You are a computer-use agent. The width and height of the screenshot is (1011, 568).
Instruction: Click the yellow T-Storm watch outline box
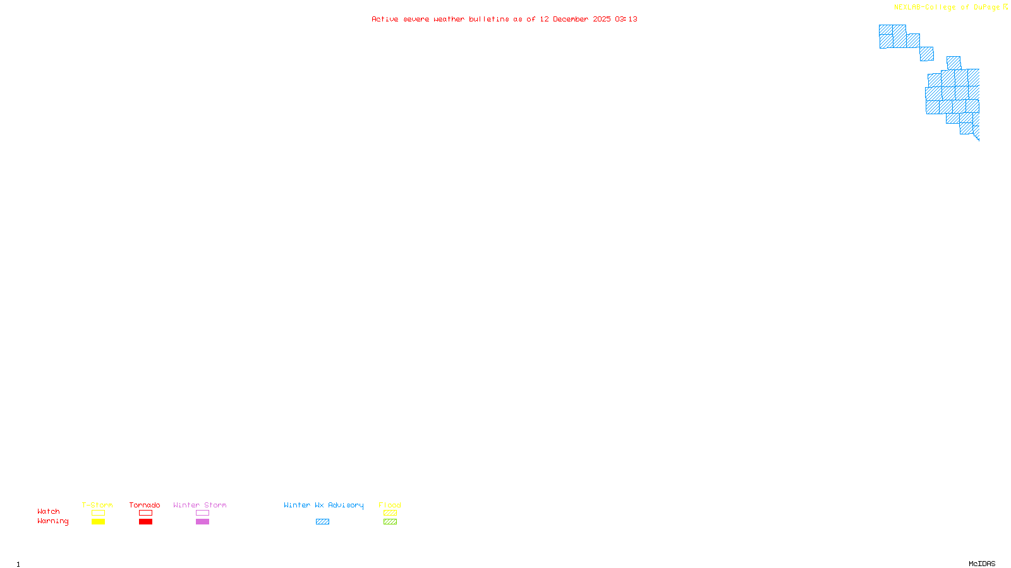(98, 513)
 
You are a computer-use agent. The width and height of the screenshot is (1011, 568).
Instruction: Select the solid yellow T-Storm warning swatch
(98, 522)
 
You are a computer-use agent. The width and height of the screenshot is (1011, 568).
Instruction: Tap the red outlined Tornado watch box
(145, 513)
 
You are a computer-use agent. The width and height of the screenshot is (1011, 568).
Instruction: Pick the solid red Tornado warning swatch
(145, 522)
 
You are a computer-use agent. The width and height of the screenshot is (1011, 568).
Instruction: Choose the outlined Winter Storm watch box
(202, 513)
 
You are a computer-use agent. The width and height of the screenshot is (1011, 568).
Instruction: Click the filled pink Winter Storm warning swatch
(202, 522)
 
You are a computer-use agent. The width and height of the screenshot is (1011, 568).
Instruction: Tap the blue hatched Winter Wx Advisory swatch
(322, 522)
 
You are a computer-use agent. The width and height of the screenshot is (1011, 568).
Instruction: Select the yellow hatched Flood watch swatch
(390, 513)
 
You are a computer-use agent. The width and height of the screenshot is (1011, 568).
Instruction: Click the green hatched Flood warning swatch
(390, 522)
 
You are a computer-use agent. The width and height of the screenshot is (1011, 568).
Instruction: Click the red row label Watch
(49, 512)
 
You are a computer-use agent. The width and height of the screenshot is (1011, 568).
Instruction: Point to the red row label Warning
(53, 521)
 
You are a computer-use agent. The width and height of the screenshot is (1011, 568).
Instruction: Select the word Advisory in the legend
(346, 505)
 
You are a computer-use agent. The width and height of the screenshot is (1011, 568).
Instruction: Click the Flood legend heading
(390, 505)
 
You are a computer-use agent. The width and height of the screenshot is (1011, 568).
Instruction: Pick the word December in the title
(571, 19)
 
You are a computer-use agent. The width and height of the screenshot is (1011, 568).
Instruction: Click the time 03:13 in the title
(626, 19)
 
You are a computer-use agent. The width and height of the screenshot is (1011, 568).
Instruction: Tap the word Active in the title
(385, 19)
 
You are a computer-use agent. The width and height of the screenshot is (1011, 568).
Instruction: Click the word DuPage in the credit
(986, 7)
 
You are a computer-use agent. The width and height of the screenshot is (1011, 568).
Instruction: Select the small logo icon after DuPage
(1005, 7)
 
